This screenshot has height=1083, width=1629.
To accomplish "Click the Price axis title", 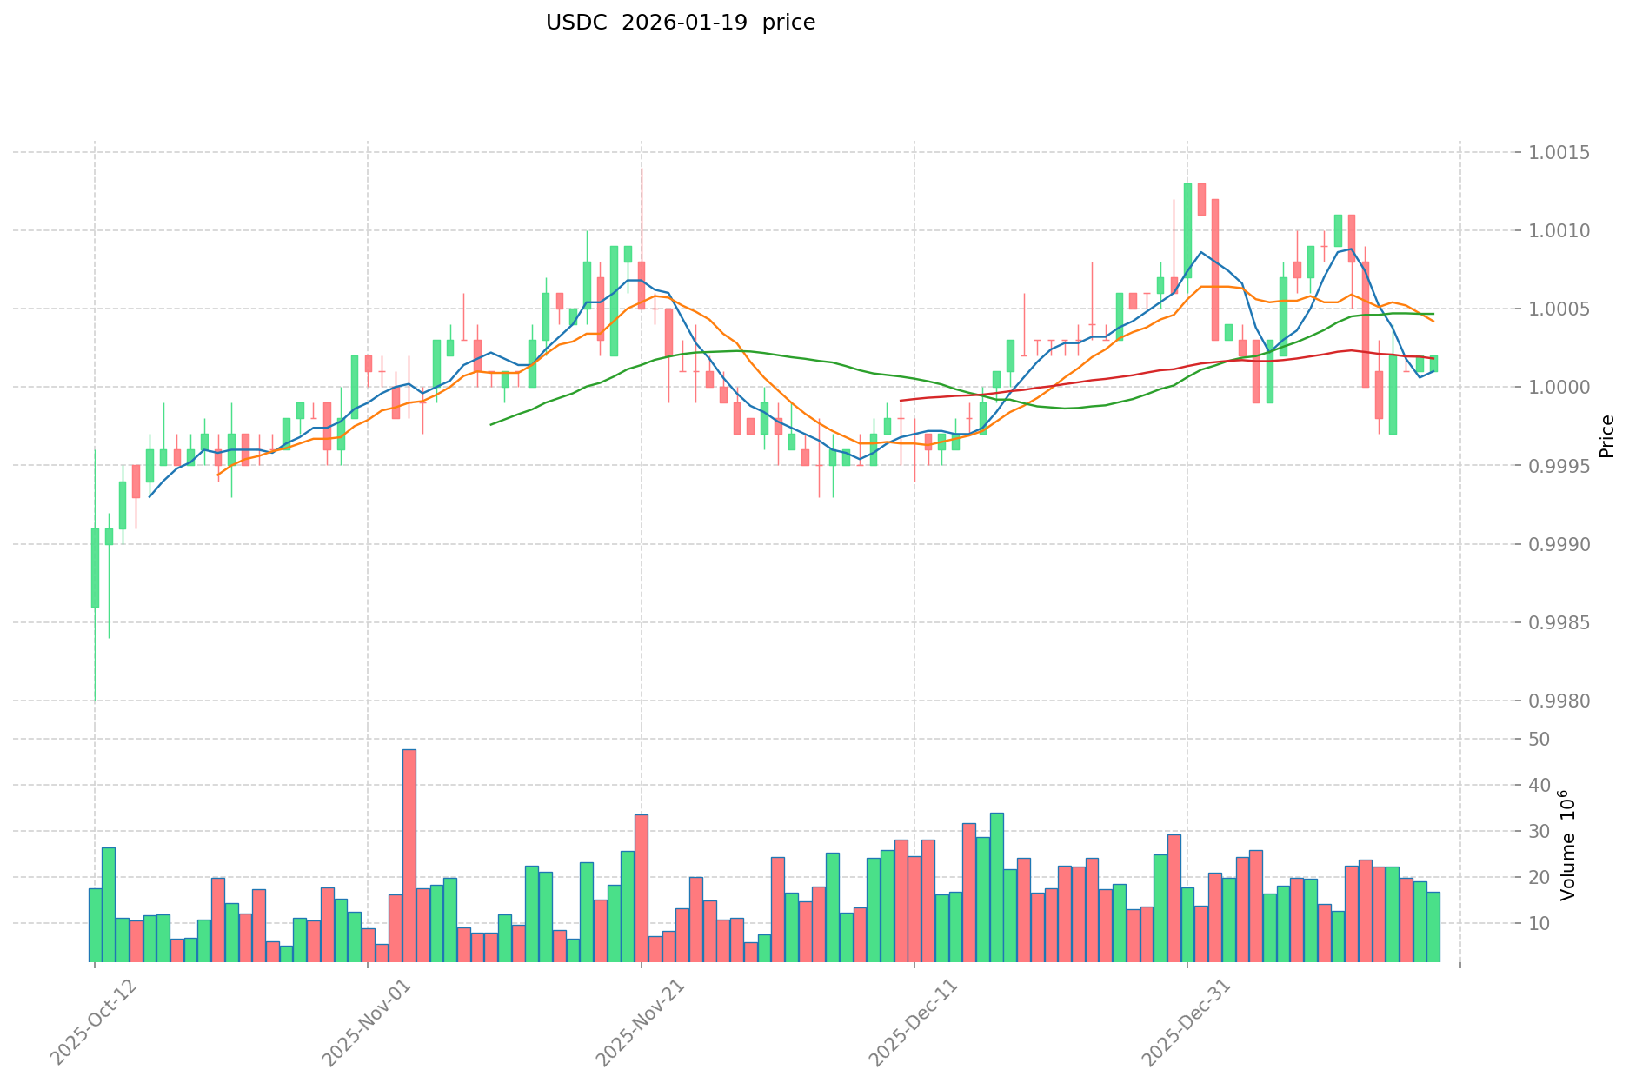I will pyautogui.click(x=1606, y=436).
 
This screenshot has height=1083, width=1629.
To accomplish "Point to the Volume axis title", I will pyautogui.click(x=1567, y=845).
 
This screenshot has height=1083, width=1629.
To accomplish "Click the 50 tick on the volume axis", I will pyautogui.click(x=1539, y=740).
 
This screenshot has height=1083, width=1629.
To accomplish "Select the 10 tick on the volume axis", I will pyautogui.click(x=1539, y=924).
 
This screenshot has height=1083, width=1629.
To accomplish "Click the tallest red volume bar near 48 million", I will pyautogui.click(x=409, y=855).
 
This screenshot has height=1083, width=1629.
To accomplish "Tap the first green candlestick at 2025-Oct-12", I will pyautogui.click(x=95, y=568).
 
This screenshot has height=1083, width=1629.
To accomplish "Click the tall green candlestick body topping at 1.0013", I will pyautogui.click(x=1187, y=230).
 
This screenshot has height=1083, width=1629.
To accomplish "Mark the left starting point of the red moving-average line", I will pyautogui.click(x=901, y=400).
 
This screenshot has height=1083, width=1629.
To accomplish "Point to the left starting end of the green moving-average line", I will pyautogui.click(x=491, y=424).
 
